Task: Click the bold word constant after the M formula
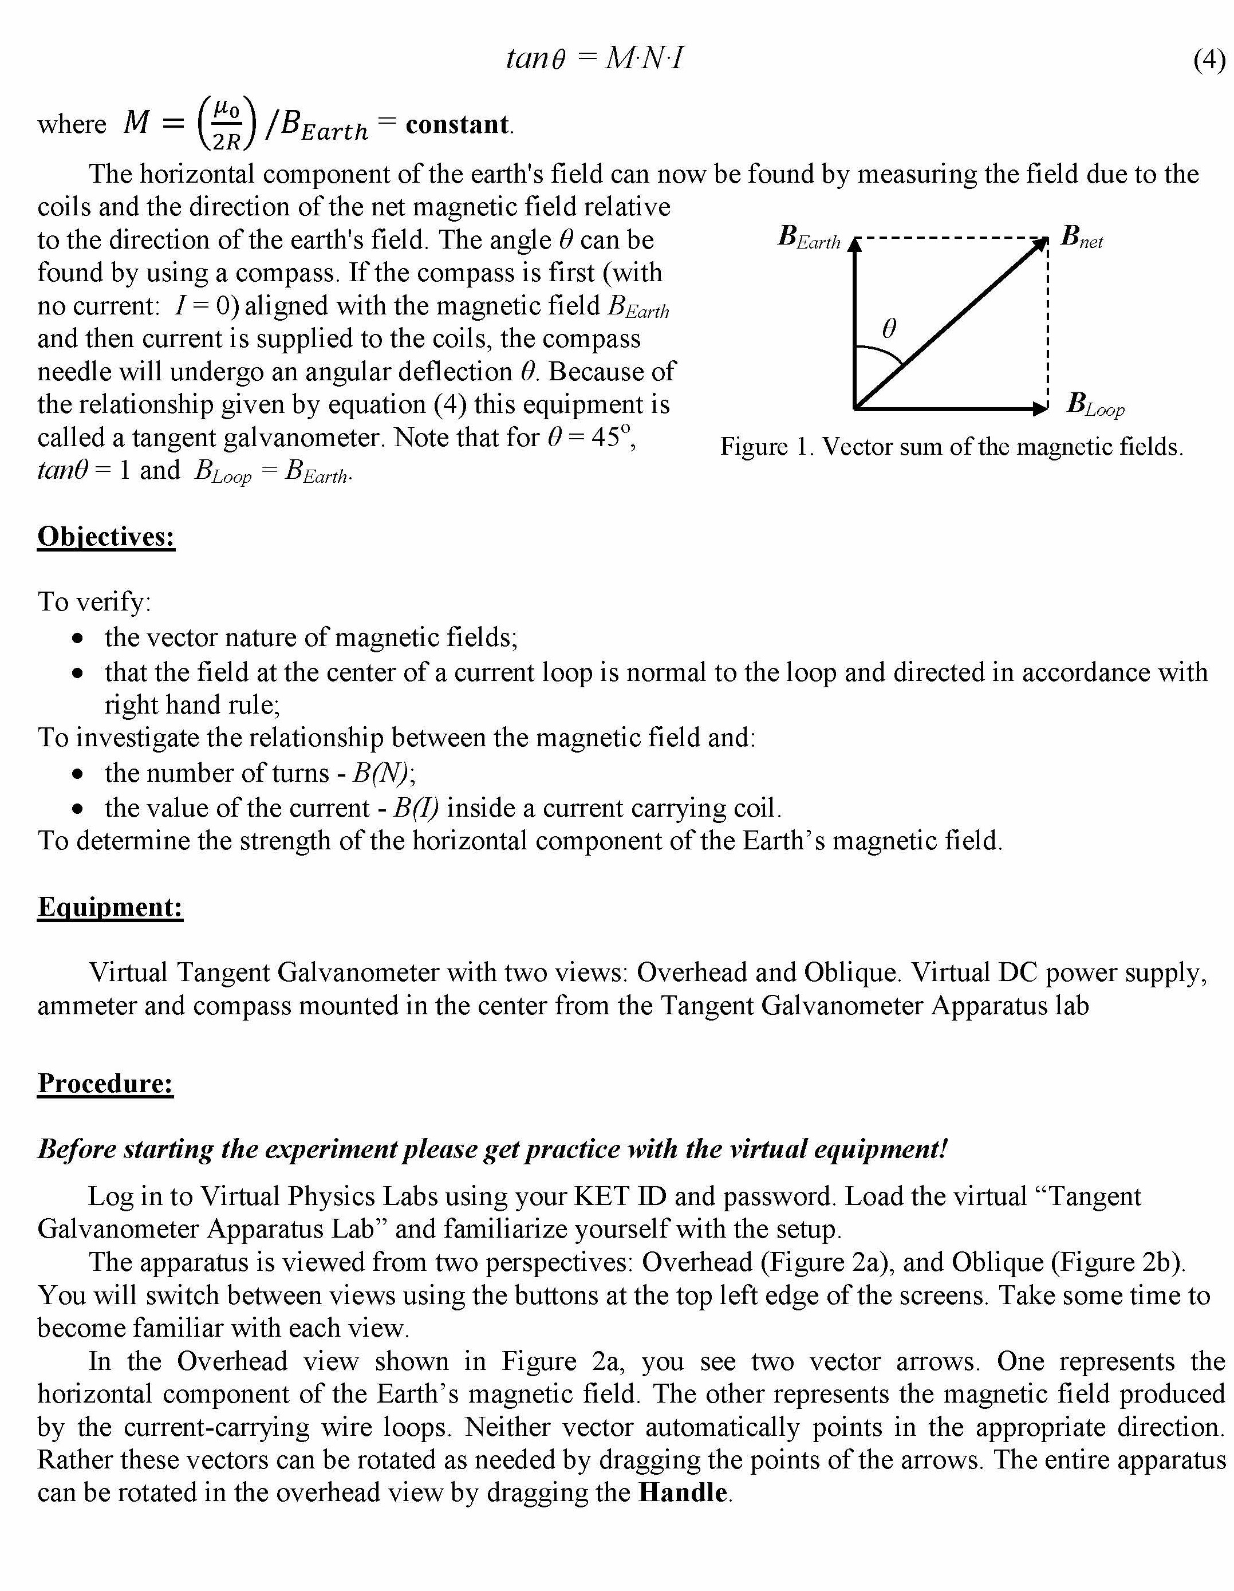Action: (x=457, y=125)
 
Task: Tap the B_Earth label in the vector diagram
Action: (x=809, y=238)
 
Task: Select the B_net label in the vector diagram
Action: (x=1081, y=238)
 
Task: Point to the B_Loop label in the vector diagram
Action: (x=1095, y=404)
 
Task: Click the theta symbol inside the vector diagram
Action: (x=889, y=329)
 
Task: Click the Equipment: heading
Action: (x=110, y=907)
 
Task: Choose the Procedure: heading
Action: (x=105, y=1083)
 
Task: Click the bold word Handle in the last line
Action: (x=683, y=1492)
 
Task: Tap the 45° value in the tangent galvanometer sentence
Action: (x=611, y=437)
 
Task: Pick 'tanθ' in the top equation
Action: (x=535, y=58)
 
